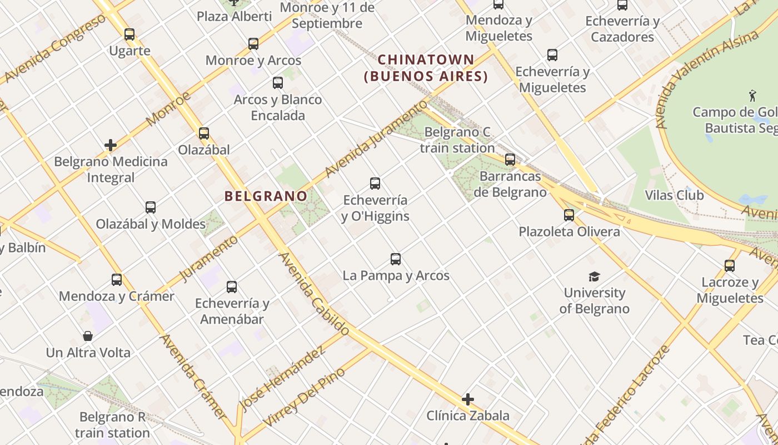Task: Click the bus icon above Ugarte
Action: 129,34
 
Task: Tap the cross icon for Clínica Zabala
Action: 468,399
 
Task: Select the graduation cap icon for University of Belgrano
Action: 594,276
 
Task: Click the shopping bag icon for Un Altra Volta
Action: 88,336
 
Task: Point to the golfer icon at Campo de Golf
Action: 752,95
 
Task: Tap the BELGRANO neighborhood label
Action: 266,196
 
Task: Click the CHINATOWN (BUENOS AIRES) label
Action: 426,68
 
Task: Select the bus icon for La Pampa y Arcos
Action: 396,259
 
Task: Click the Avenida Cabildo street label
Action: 314,294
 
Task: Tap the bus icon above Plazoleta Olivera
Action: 568,215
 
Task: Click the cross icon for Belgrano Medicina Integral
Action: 111,145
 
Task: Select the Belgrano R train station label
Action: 113,424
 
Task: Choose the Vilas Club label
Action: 674,195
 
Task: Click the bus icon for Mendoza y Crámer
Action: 117,279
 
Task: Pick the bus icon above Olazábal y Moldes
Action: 151,207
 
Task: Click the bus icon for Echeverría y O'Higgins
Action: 375,183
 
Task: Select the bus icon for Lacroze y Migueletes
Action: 729,266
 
